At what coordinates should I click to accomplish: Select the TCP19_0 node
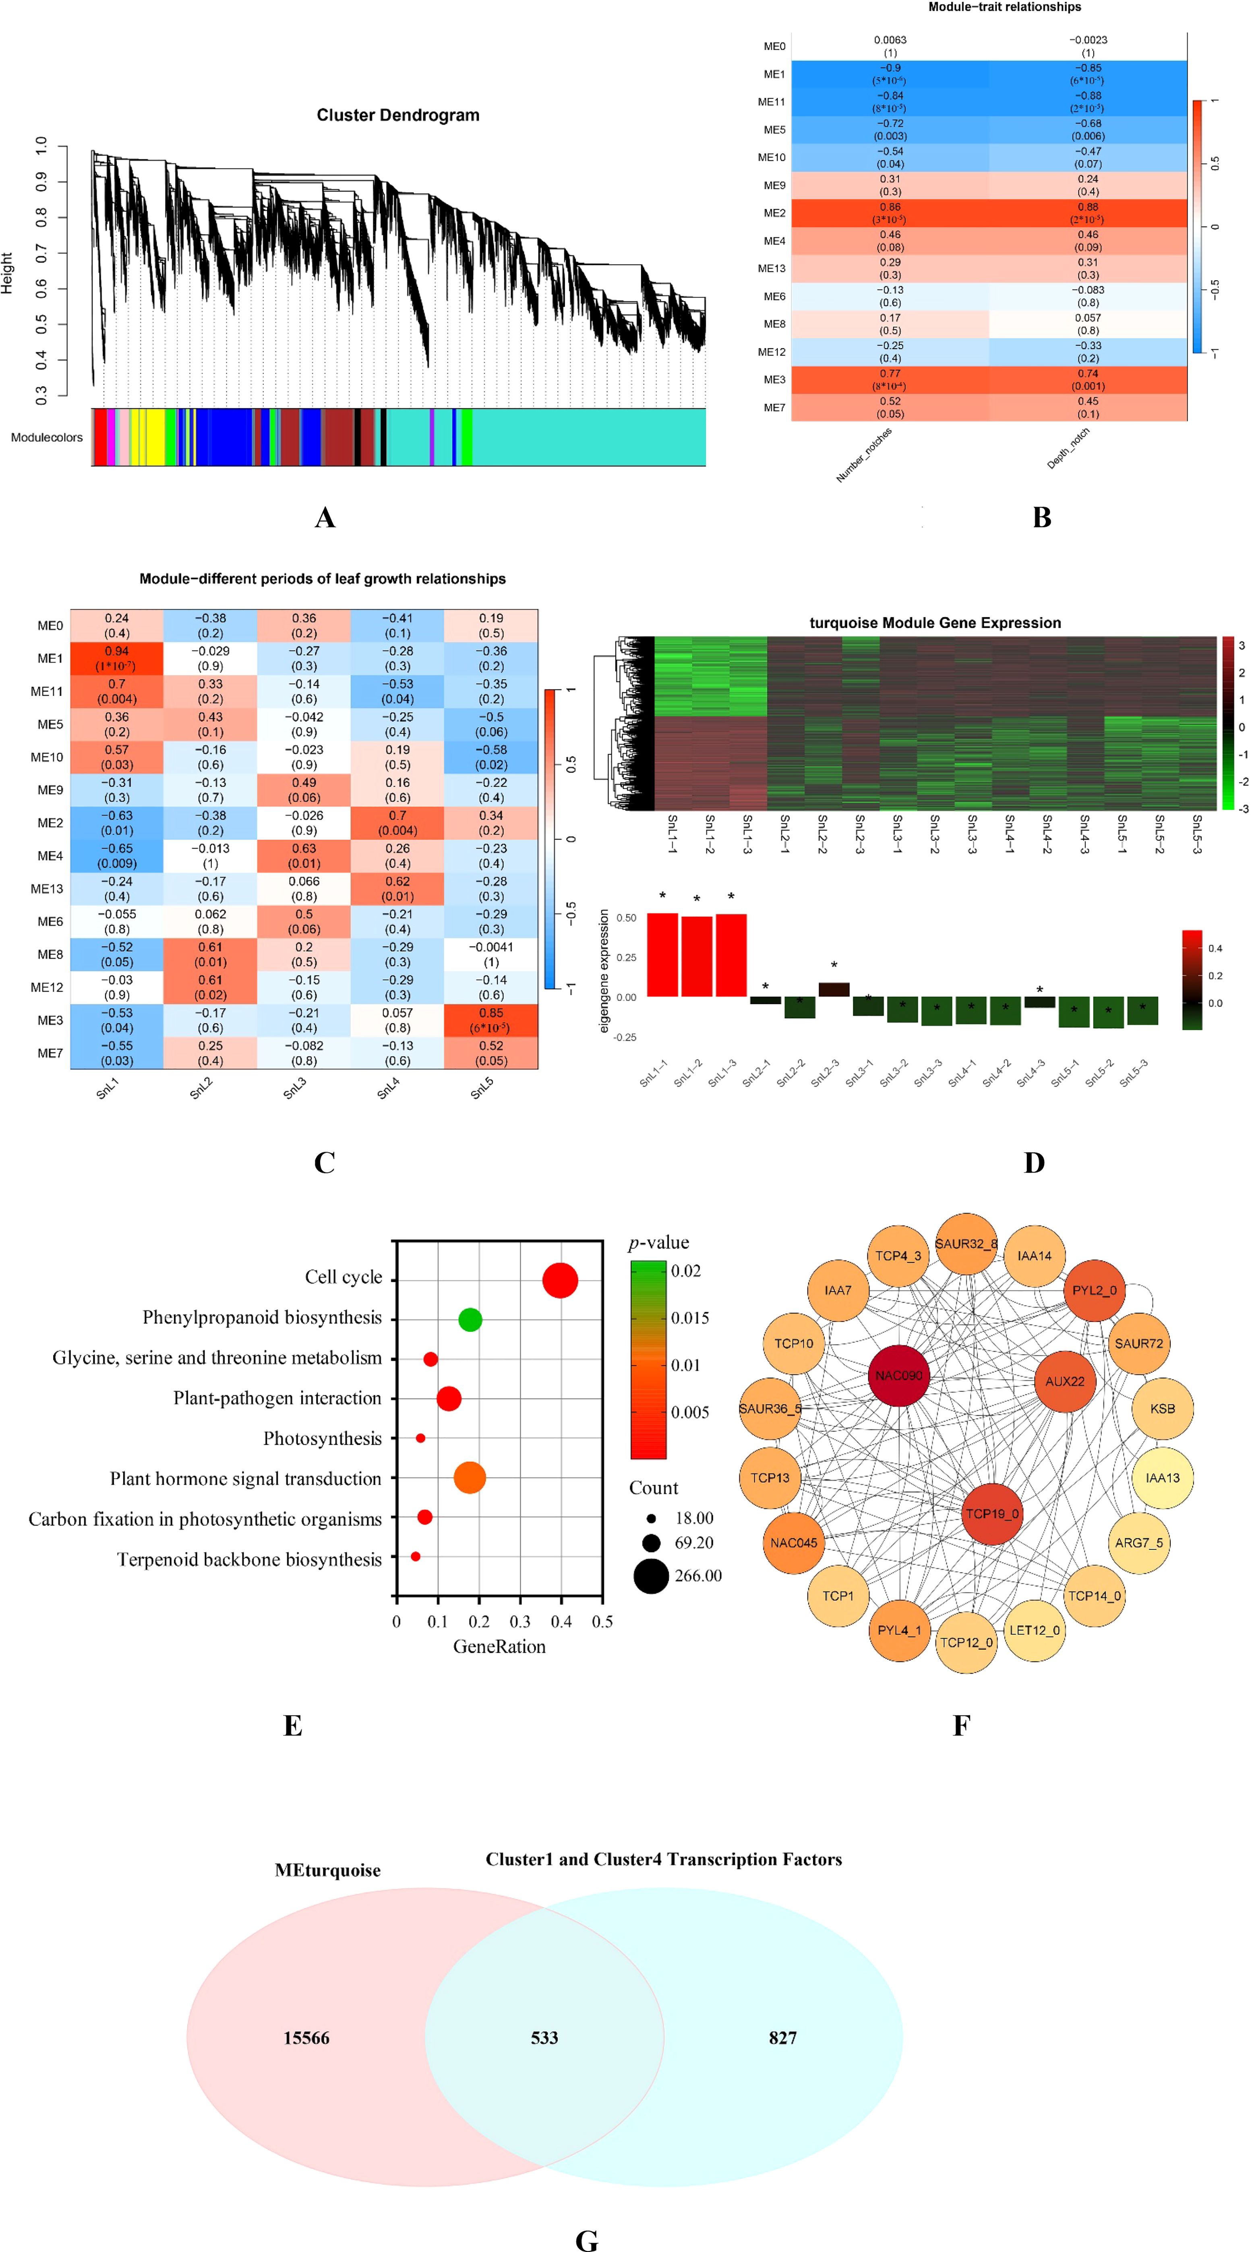(991, 1513)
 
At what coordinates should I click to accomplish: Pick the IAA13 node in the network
(1162, 1477)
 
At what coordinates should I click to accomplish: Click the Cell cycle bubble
(559, 1280)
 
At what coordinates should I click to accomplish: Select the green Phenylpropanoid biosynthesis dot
(470, 1319)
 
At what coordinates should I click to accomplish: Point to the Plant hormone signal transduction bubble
(470, 1477)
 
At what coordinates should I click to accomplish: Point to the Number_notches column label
(864, 455)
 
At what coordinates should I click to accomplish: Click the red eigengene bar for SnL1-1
(662, 955)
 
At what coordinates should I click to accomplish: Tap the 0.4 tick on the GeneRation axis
(561, 1622)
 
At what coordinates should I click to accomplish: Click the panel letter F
(961, 1725)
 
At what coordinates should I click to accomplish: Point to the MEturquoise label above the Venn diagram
(328, 1870)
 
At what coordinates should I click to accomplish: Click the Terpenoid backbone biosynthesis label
(249, 1560)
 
